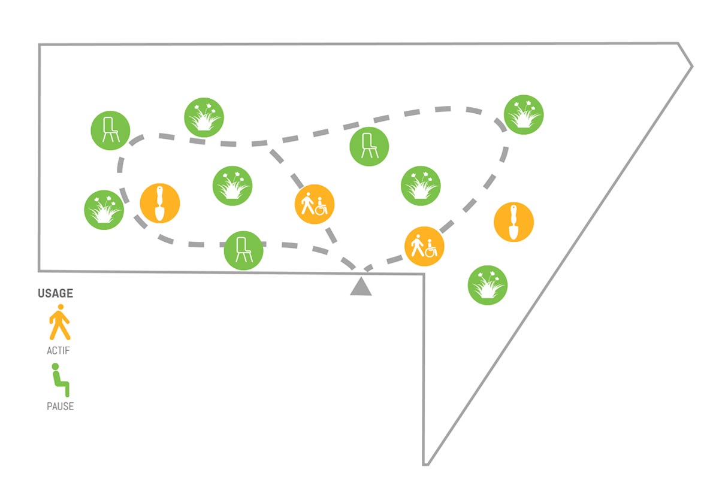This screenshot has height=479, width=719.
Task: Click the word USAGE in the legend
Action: (x=56, y=293)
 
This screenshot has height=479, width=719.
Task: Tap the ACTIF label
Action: (x=58, y=351)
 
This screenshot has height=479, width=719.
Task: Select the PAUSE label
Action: (x=61, y=406)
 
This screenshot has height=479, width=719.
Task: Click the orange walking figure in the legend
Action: (x=60, y=322)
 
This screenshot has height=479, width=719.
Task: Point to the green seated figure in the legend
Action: (x=61, y=380)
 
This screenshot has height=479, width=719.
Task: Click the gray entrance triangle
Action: (x=361, y=286)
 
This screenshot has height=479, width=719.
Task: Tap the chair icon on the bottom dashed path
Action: (x=244, y=250)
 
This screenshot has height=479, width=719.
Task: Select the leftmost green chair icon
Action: (x=110, y=131)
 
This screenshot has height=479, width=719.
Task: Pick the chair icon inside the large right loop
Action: (x=369, y=146)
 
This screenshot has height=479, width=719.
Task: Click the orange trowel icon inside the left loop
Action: (x=160, y=203)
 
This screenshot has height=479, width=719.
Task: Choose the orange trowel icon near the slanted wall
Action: (x=513, y=222)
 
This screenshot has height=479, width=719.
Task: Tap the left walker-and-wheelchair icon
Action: (x=315, y=204)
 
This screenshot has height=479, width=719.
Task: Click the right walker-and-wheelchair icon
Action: (x=424, y=246)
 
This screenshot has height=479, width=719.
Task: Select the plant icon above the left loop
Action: (x=204, y=117)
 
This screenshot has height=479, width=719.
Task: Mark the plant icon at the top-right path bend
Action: (x=524, y=114)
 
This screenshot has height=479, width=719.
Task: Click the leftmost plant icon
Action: (x=104, y=210)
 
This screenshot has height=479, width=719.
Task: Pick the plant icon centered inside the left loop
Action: (x=232, y=186)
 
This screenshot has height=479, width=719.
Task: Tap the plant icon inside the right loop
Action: (x=421, y=186)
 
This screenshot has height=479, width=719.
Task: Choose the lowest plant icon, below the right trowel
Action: (x=488, y=285)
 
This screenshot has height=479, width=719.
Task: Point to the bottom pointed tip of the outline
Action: (x=425, y=465)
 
